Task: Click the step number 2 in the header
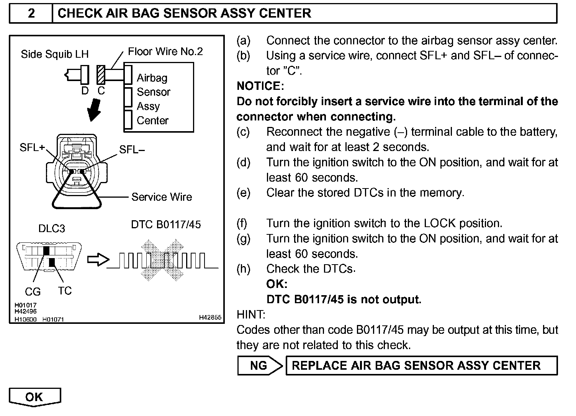[31, 13]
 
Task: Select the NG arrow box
[259, 366]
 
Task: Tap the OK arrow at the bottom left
[34, 397]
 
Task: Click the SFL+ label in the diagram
[32, 148]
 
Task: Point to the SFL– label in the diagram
[132, 149]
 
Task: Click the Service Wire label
[162, 197]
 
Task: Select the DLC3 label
[52, 229]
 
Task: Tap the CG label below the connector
[33, 292]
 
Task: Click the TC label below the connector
[65, 291]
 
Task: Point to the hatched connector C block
[101, 74]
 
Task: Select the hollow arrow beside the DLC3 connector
[98, 260]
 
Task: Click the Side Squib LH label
[54, 54]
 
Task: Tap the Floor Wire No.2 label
[165, 52]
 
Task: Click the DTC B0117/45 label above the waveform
[166, 224]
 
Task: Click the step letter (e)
[244, 193]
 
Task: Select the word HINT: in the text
[251, 315]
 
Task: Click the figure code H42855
[210, 317]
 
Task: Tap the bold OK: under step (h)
[277, 284]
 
